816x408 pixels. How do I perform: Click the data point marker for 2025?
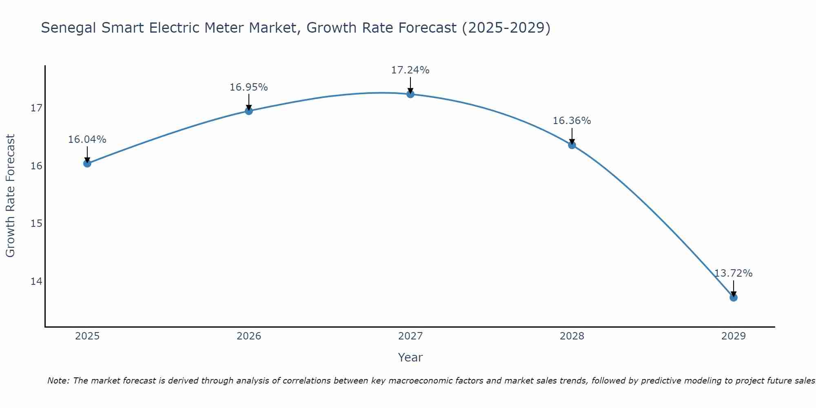(87, 163)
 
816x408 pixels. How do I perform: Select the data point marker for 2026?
(248, 111)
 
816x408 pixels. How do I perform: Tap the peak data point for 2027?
(410, 94)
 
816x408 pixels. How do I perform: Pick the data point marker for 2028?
(572, 145)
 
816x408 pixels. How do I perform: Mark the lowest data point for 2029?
(733, 297)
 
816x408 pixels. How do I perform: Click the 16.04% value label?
(87, 140)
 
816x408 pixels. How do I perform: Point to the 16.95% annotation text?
(248, 87)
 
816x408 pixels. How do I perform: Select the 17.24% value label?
(410, 70)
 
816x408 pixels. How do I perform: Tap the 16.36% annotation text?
(572, 121)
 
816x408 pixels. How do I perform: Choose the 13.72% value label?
(733, 273)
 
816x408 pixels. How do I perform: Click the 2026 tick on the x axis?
(248, 336)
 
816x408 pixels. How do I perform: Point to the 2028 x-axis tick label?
(572, 336)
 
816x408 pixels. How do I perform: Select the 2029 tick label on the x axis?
(733, 336)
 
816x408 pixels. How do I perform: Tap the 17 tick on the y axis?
(36, 108)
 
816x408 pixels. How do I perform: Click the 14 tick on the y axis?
(36, 282)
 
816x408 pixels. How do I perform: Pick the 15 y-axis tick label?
(36, 224)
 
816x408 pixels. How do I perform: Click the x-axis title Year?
(410, 357)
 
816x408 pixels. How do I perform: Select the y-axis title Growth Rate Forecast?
(11, 196)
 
